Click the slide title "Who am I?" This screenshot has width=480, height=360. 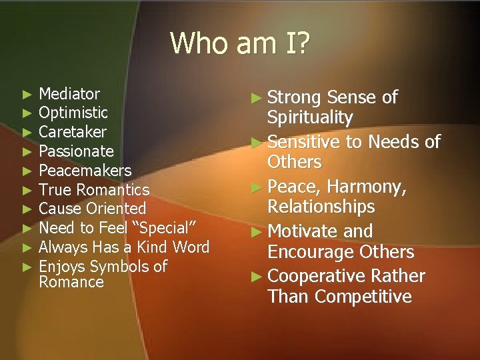pos(240,43)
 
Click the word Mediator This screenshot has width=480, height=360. pos(69,93)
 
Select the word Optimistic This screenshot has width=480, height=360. pos(73,113)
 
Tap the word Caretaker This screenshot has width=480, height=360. pos(73,131)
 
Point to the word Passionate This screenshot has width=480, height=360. pos(76,151)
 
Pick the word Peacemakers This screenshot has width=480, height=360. pos(85,170)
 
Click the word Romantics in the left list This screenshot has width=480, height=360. pos(113,190)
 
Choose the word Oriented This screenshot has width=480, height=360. pos(115,209)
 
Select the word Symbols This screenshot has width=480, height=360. pos(121,267)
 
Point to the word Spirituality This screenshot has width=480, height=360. pos(309,118)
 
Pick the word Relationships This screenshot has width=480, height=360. pos(321,207)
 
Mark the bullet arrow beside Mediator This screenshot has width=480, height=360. pos(27,94)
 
